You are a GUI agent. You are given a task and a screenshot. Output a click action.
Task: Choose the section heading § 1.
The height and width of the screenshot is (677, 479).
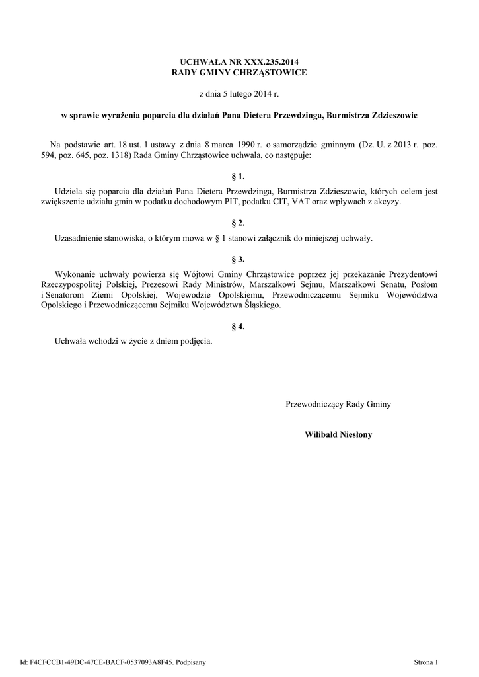pyautogui.click(x=239, y=177)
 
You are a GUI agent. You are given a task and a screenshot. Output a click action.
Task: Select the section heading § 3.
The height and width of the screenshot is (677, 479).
pyautogui.click(x=239, y=259)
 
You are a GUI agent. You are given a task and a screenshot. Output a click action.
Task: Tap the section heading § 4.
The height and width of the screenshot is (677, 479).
pyautogui.click(x=239, y=327)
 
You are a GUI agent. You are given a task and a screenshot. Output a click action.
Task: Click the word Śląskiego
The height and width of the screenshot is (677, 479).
pyautogui.click(x=264, y=306)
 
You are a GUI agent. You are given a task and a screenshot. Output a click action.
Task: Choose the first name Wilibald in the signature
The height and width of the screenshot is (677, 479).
pyautogui.click(x=322, y=434)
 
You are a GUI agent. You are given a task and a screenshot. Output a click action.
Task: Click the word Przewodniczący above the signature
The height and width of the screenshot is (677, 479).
pyautogui.click(x=314, y=403)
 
